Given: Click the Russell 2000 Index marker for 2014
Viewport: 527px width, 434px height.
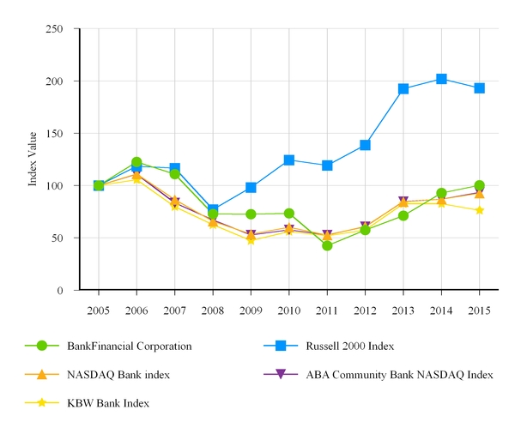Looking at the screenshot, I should pyautogui.click(x=441, y=79).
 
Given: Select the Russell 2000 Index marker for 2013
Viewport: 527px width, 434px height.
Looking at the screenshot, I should pyautogui.click(x=403, y=88).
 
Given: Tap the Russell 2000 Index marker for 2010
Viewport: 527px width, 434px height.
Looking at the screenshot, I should pyautogui.click(x=289, y=160).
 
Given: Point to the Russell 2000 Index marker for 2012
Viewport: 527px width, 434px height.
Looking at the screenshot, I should pyautogui.click(x=365, y=145).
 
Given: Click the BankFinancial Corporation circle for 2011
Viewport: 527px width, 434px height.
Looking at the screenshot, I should pyautogui.click(x=327, y=245).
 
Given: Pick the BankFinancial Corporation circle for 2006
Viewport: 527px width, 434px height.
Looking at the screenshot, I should pyautogui.click(x=136, y=162).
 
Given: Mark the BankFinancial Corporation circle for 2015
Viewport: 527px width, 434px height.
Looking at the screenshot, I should pyautogui.click(x=479, y=185).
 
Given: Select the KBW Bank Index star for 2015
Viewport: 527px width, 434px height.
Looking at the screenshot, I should pyautogui.click(x=479, y=210).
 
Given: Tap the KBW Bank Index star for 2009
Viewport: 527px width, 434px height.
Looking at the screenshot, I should pyautogui.click(x=251, y=239).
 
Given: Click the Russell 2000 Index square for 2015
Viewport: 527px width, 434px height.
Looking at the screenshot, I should pyautogui.click(x=479, y=87).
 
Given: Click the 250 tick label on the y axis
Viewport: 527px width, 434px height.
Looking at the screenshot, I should pyautogui.click(x=54, y=28).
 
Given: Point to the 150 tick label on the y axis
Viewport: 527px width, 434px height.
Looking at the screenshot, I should pyautogui.click(x=54, y=133).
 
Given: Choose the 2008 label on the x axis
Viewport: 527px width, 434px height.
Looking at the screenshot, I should pyautogui.click(x=213, y=310).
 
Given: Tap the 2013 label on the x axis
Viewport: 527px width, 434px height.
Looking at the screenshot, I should pyautogui.click(x=403, y=310).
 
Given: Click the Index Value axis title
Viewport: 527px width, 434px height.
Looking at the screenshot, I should pyautogui.click(x=33, y=160).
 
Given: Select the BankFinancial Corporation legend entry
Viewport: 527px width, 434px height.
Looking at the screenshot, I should pyautogui.click(x=129, y=346).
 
